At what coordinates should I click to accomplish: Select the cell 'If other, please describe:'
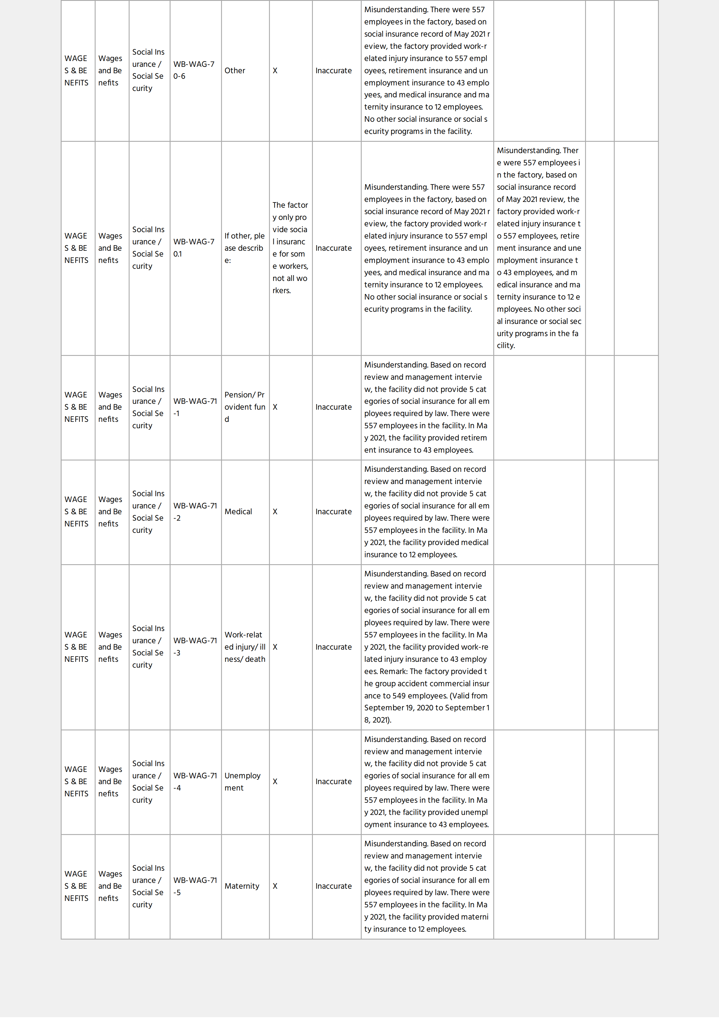pos(244,248)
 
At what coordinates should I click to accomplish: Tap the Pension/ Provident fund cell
pos(244,407)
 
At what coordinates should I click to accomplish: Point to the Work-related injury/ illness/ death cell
pos(245,647)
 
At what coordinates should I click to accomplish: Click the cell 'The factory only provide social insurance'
pos(290,248)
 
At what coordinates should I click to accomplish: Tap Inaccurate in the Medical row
pos(333,512)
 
